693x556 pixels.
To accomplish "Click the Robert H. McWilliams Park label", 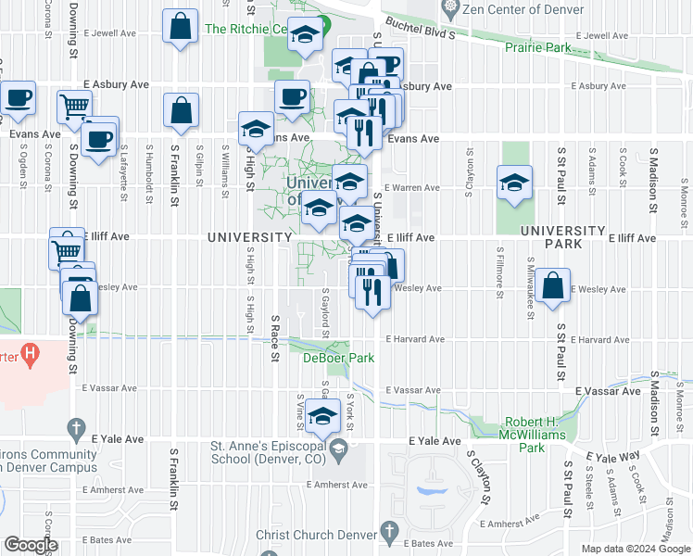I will point(531,440).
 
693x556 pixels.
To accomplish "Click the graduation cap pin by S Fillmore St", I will point(514,183).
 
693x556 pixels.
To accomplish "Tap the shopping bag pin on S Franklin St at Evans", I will point(181,109).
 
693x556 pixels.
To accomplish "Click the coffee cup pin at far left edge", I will point(18,97).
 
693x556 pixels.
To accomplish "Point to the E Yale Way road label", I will point(613,455).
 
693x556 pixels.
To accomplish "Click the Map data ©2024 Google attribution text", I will point(636,549).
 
